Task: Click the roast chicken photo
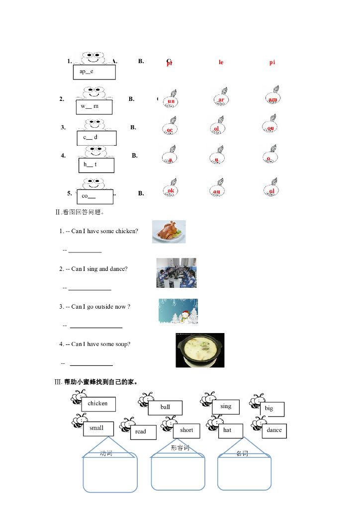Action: point(169,232)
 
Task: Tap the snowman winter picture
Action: point(178,312)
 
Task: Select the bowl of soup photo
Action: point(200,350)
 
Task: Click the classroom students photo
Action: point(176,273)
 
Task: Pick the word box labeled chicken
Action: point(98,404)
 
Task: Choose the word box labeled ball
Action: point(165,408)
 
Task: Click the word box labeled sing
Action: point(226,407)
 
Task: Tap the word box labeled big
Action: point(271,409)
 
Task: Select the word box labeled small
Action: point(97,428)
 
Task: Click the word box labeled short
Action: point(186,430)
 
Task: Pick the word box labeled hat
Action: point(230,430)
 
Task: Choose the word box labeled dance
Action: point(274,430)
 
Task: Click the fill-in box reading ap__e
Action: point(94,72)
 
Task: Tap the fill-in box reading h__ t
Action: point(96,165)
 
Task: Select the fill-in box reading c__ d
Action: point(96,138)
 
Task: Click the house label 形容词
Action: point(180,448)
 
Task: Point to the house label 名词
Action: point(242,453)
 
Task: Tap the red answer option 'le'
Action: point(221,62)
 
